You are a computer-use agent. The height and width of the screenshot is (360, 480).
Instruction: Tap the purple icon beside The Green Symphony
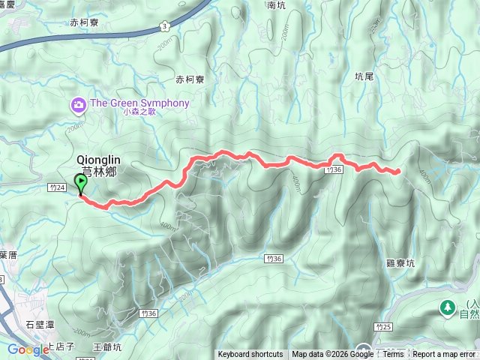[x=77, y=105]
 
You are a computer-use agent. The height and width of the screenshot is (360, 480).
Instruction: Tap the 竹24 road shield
[x=55, y=187]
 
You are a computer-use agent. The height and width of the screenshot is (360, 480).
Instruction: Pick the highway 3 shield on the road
[x=163, y=27]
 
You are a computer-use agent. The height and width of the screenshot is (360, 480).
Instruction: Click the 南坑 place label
[x=276, y=4]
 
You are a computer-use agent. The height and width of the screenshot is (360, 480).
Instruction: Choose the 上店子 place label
[x=61, y=346]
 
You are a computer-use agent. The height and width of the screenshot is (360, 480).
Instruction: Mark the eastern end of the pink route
[x=397, y=172]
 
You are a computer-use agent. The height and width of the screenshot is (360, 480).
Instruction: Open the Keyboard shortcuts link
[x=250, y=355]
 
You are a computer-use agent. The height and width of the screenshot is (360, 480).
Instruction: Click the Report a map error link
[x=444, y=355]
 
